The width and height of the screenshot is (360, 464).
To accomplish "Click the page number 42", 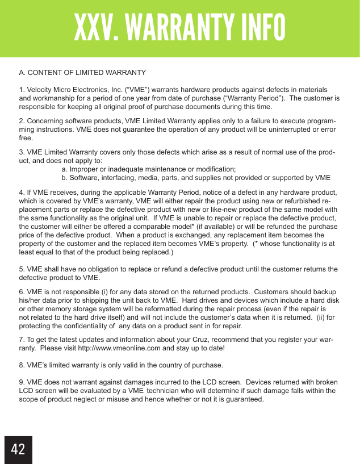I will (x=18, y=449).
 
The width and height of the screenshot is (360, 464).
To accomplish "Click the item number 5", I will (x=22, y=269).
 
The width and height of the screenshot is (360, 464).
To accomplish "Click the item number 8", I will (x=22, y=364).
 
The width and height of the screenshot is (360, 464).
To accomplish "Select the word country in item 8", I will (x=157, y=364).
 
